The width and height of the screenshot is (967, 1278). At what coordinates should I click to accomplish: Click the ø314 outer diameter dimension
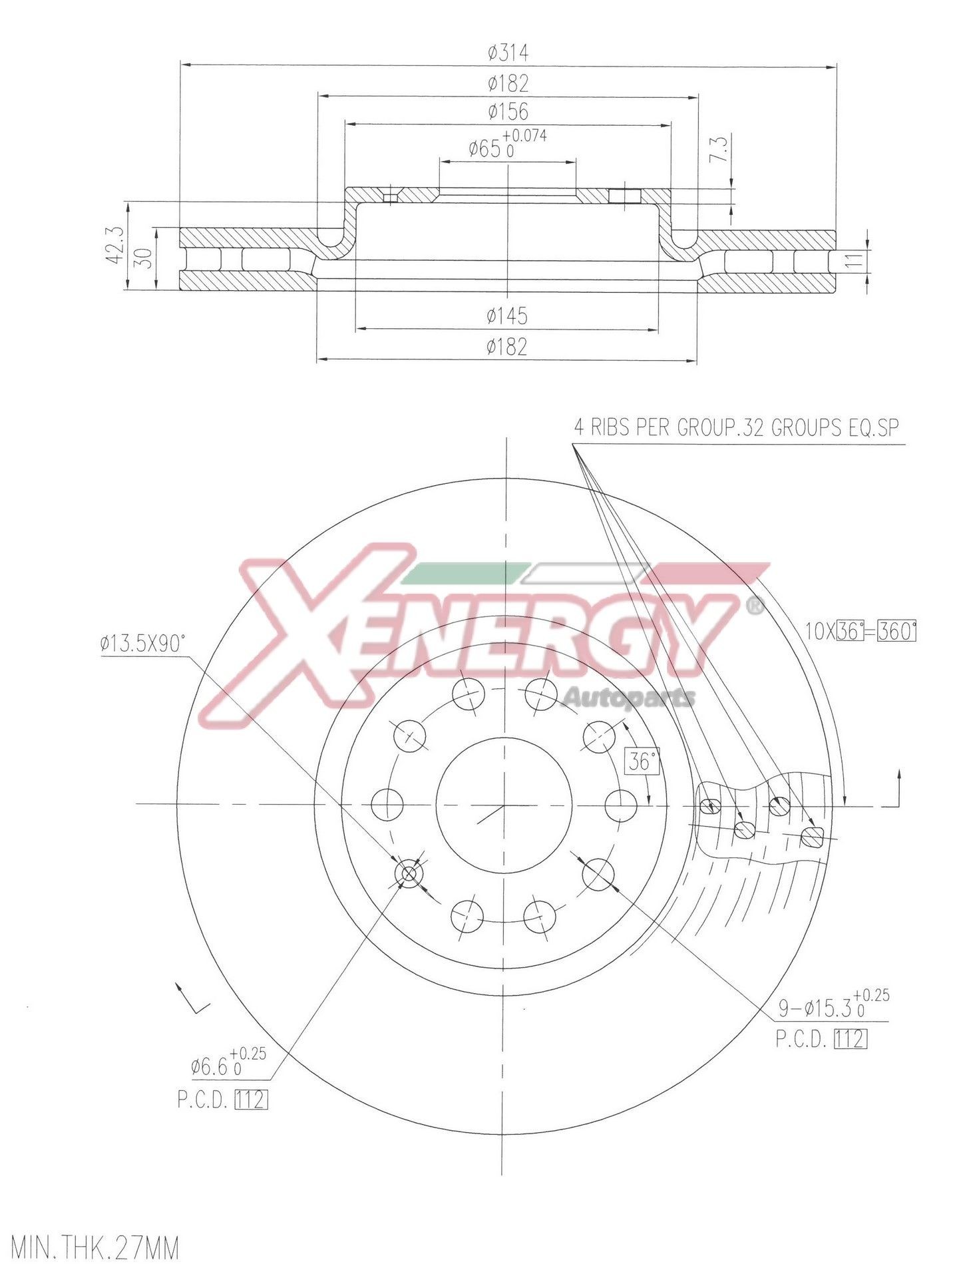click(508, 52)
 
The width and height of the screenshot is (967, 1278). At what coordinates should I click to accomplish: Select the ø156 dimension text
click(508, 110)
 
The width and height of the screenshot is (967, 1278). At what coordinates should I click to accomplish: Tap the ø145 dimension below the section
click(507, 316)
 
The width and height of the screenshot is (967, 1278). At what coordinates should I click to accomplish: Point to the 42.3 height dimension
click(114, 246)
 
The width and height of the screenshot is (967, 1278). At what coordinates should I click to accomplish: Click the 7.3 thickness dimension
click(720, 150)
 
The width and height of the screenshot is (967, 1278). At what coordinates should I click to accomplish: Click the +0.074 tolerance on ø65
click(525, 136)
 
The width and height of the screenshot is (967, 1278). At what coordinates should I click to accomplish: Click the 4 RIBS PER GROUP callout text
click(736, 427)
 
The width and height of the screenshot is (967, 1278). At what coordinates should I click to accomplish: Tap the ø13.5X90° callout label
click(142, 644)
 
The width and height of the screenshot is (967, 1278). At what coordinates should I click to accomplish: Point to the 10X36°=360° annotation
click(861, 630)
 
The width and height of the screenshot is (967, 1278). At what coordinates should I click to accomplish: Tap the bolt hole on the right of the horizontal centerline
click(620, 805)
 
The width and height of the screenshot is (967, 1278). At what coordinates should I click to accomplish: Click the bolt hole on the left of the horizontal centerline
click(387, 805)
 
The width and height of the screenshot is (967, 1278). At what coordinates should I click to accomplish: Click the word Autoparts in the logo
click(629, 698)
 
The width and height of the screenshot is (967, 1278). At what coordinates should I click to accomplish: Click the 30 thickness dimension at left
click(146, 258)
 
